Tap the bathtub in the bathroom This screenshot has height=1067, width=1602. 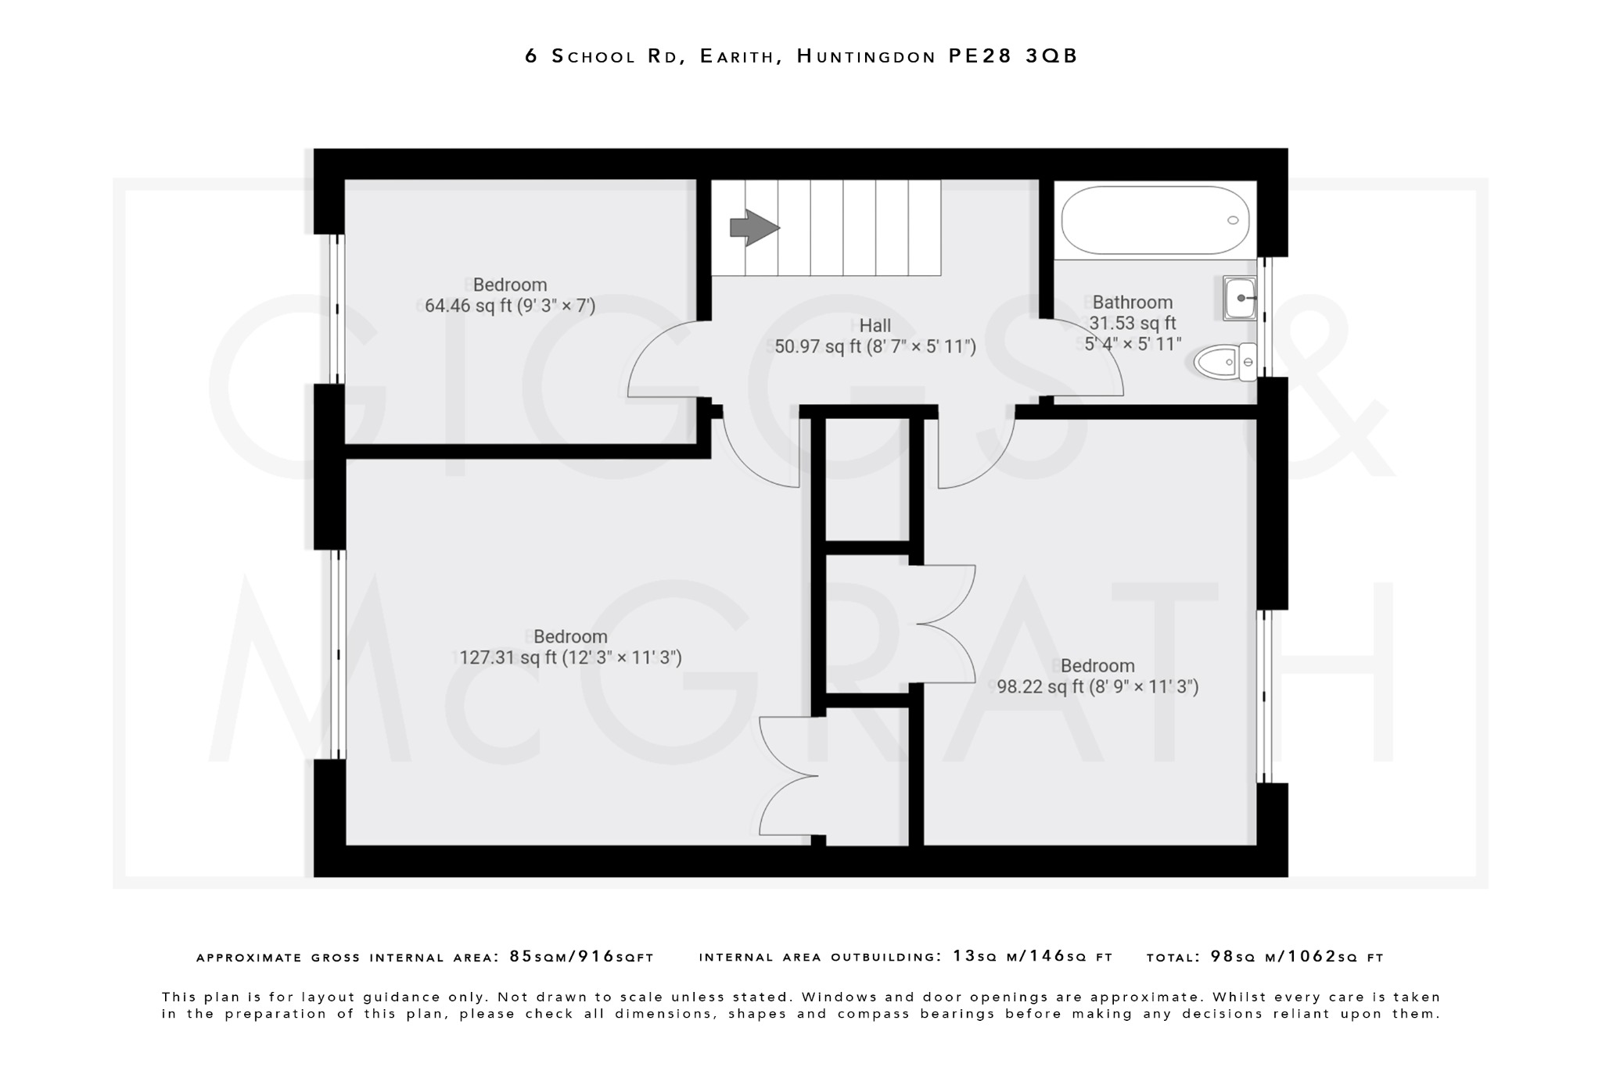tap(1154, 220)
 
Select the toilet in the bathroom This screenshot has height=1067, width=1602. tap(1224, 362)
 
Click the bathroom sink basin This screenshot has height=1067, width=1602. tap(1240, 298)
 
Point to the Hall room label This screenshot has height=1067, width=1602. tap(875, 325)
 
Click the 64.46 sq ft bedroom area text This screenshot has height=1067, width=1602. tap(510, 306)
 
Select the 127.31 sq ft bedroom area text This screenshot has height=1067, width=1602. tap(570, 658)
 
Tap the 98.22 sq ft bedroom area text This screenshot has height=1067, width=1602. tap(1097, 687)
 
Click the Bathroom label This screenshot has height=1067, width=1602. tap(1132, 303)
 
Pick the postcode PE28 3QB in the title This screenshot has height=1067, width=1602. tap(1013, 56)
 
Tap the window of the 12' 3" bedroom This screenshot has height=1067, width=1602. tap(337, 654)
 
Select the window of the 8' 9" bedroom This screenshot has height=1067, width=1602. tap(1265, 696)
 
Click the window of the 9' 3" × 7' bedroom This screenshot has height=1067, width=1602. tap(337, 309)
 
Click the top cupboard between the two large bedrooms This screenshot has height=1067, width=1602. tap(867, 478)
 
